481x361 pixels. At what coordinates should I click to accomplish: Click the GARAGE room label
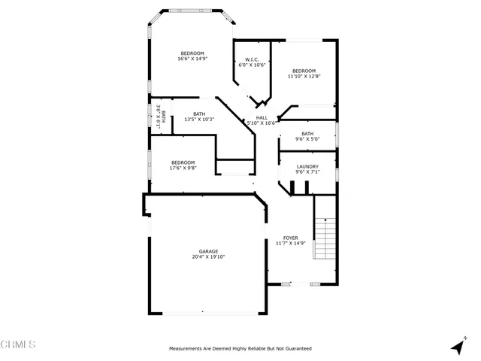(x=208, y=251)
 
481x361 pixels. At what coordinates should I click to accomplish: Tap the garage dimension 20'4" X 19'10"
(x=208, y=257)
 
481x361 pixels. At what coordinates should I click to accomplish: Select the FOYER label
(x=290, y=238)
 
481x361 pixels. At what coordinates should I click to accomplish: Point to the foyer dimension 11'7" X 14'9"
(x=290, y=244)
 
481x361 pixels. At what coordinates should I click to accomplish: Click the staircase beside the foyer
(x=324, y=238)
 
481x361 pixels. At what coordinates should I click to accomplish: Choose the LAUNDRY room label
(x=307, y=167)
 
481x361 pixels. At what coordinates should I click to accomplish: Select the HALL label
(x=262, y=117)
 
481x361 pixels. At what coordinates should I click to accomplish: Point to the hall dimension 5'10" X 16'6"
(x=262, y=123)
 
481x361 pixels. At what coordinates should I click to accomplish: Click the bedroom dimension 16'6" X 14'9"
(x=192, y=59)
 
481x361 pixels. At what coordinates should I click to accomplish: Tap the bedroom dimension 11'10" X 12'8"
(x=304, y=76)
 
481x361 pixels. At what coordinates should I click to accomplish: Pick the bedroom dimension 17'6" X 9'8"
(x=183, y=168)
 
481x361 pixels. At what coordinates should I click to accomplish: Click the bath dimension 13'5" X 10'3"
(x=199, y=120)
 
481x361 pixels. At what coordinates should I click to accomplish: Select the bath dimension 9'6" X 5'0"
(x=307, y=139)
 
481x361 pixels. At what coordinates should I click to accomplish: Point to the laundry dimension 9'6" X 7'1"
(x=307, y=173)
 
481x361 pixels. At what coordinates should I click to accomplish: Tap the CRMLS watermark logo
(x=19, y=344)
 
